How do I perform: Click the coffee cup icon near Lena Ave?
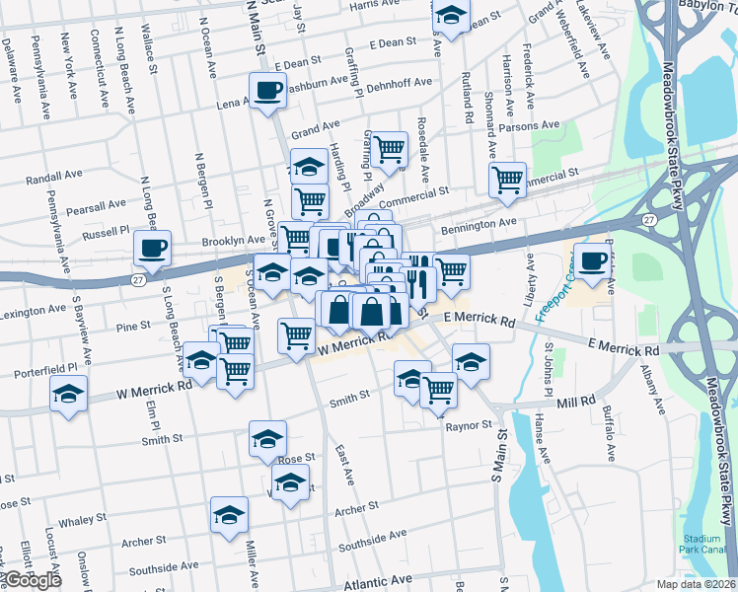267,92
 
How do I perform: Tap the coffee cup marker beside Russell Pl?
152,249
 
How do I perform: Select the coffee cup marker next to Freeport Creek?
592,260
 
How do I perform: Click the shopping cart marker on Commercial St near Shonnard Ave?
507,181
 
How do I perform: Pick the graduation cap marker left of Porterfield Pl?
69,394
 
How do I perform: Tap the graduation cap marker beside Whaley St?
229,515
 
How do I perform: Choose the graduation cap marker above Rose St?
267,439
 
